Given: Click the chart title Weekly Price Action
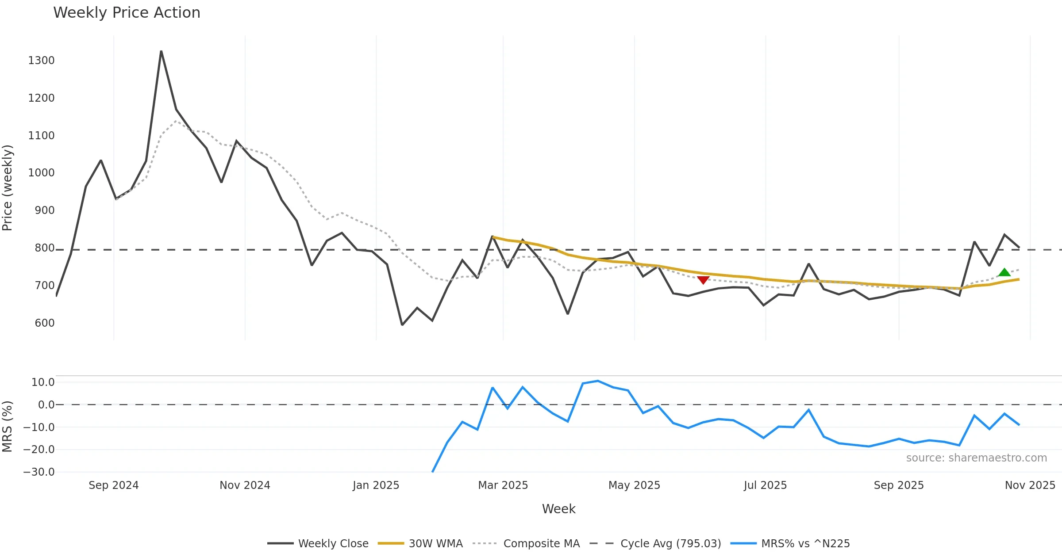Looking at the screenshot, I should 127,13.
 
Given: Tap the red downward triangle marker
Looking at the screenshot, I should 703,280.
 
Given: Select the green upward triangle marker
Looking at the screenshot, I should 1004,272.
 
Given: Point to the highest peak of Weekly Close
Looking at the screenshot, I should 161,51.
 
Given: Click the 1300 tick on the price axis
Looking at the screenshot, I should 41,61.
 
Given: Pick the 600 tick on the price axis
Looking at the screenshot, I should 45,323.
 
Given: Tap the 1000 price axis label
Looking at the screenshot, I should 41,173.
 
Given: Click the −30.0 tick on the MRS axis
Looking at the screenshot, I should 39,472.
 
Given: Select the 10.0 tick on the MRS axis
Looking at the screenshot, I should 43,382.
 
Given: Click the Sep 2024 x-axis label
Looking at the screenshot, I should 114,485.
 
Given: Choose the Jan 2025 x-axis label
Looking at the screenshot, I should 376,485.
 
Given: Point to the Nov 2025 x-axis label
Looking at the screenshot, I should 1030,485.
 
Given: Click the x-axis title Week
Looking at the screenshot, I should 558,509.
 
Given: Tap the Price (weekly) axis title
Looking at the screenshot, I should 8,188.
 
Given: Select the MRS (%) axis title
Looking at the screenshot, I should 8,427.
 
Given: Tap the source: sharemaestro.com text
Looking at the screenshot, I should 976,458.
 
